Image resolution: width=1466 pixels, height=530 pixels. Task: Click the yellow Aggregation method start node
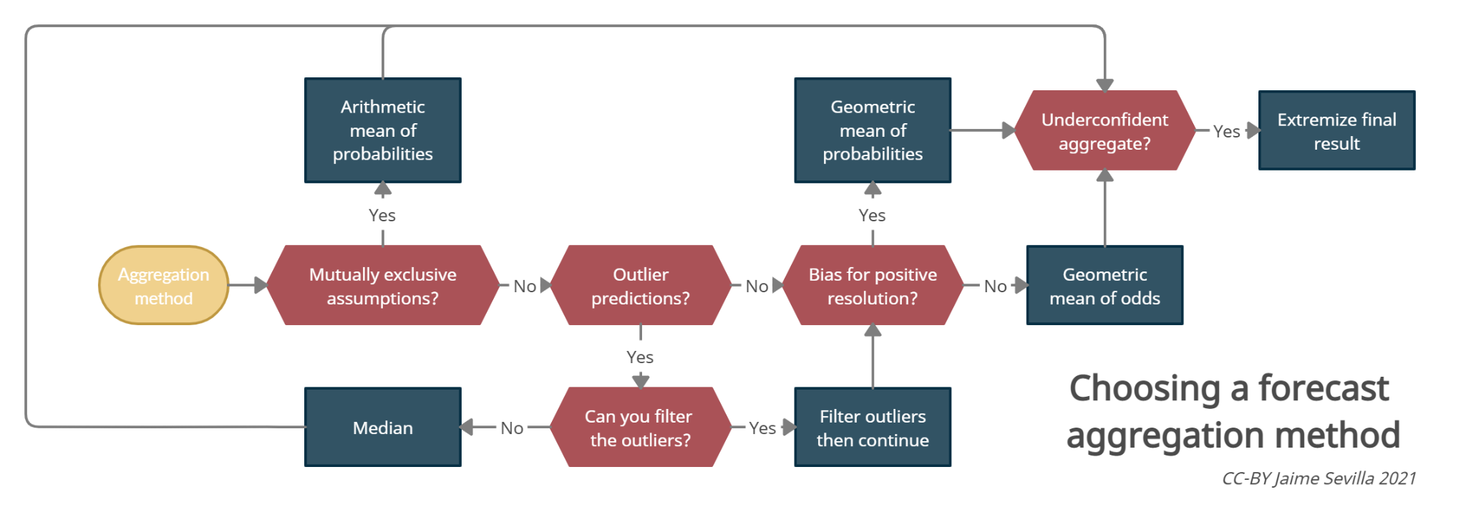pos(163,286)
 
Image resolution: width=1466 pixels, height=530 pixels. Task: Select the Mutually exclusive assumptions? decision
pos(382,286)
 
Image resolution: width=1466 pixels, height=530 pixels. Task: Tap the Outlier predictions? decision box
pos(640,286)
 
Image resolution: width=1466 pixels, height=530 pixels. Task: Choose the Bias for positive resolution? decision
pos(872,286)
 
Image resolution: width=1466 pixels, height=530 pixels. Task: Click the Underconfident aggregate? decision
pos(1105,131)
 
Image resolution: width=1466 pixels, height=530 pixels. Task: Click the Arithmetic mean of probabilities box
pos(382,130)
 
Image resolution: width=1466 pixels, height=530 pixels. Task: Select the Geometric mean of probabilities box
pos(872,130)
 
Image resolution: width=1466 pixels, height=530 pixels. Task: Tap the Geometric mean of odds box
pos(1105,286)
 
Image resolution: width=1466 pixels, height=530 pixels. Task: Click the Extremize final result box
pos(1336,131)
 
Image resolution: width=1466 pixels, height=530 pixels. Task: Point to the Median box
pos(382,428)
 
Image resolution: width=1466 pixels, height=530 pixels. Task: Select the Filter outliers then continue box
pos(872,428)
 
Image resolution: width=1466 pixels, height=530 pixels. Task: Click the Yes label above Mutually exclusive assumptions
pos(382,215)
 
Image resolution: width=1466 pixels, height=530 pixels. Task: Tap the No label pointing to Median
pos(512,428)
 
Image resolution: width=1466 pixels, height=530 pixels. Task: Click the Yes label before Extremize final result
pos(1226,131)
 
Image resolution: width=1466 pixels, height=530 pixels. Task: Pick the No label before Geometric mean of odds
pos(995,286)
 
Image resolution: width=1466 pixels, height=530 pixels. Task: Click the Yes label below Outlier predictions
pos(640,357)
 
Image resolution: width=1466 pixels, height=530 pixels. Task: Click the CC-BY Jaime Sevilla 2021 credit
pos(1319,478)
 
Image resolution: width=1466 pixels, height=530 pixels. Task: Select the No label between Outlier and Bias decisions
pos(757,286)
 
